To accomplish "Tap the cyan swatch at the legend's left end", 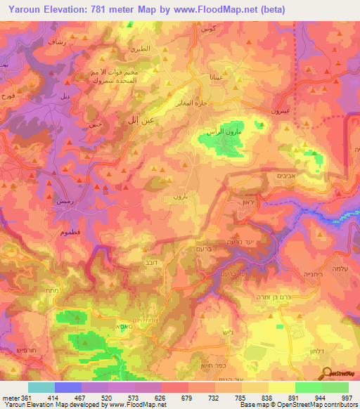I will tap(41, 387).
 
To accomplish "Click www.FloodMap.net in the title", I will tap(224, 8).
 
